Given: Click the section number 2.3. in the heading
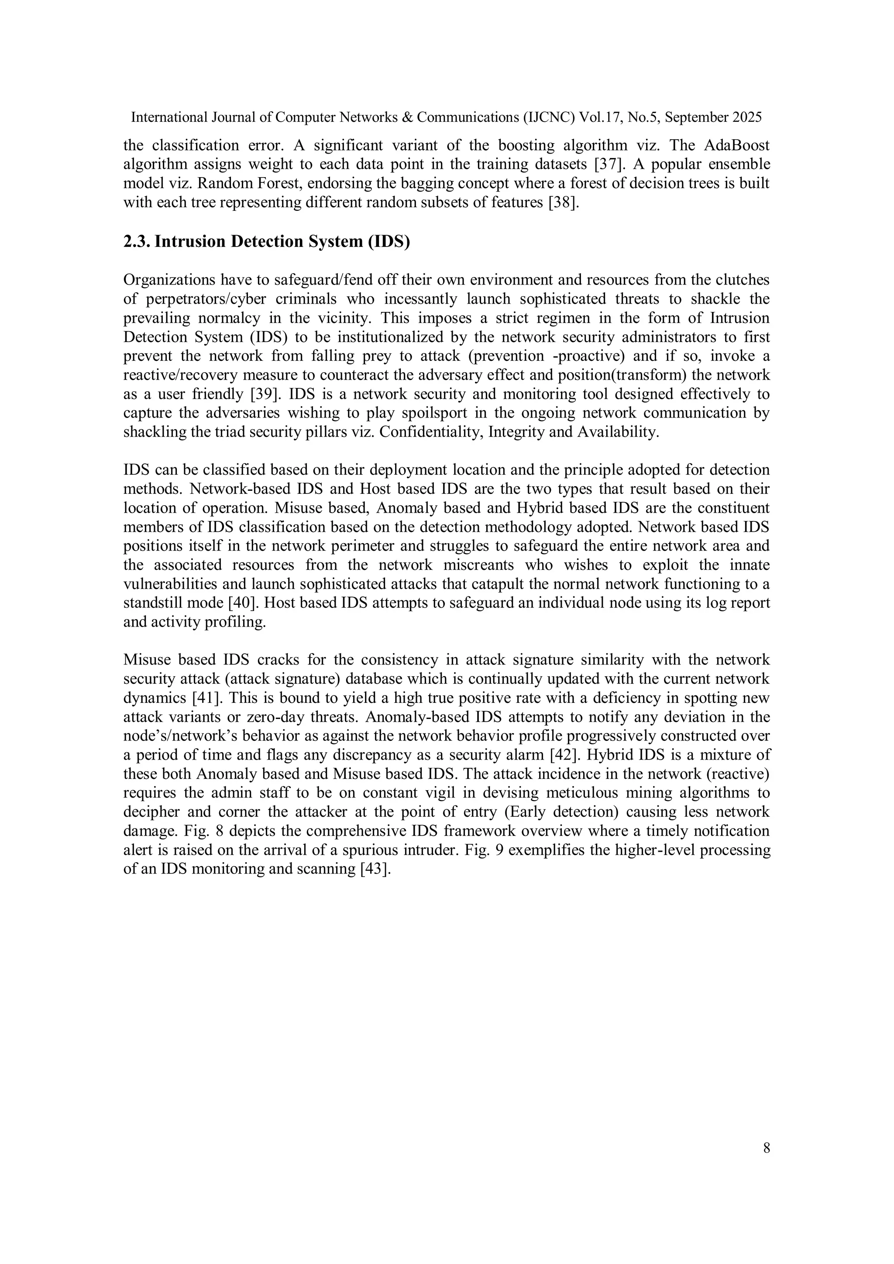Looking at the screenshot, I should click(137, 242).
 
